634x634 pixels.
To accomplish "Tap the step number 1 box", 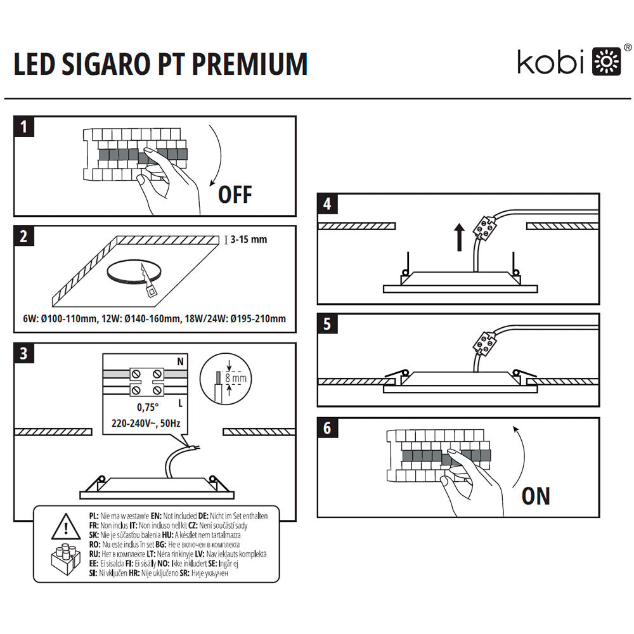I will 24,127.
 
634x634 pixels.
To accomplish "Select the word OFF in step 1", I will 235,194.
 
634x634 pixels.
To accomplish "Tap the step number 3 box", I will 24,354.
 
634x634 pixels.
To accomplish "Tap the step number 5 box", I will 327,324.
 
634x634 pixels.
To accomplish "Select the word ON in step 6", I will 536,496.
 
